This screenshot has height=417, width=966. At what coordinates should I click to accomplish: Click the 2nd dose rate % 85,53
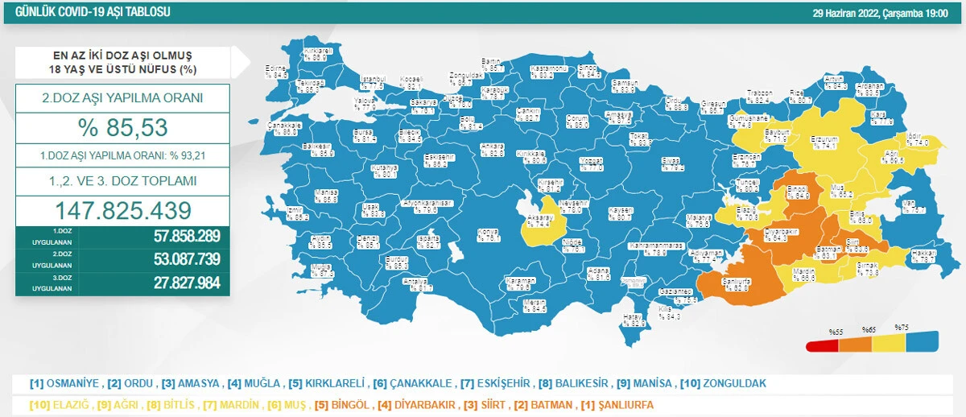123,128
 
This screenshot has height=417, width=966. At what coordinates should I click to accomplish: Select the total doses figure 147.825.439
123,210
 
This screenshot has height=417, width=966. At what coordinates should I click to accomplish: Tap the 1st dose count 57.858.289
186,237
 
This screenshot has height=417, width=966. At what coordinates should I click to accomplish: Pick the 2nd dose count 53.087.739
186,260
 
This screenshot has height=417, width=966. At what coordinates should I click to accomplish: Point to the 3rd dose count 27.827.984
186,283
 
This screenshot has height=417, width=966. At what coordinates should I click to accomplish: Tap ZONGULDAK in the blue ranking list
734,383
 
